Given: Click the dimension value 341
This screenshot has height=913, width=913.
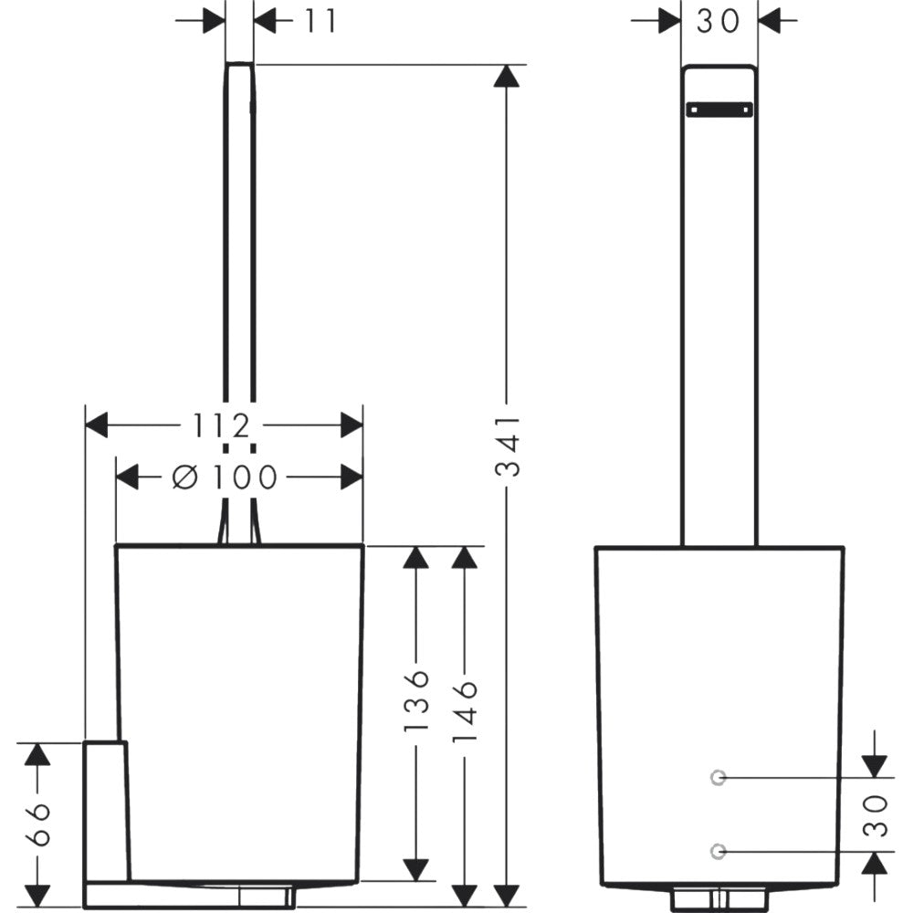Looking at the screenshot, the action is (x=507, y=446).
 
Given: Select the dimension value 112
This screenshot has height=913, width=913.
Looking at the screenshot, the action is (x=221, y=425).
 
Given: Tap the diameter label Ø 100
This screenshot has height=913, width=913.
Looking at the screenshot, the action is (x=225, y=477).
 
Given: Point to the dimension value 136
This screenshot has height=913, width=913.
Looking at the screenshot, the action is (x=416, y=701).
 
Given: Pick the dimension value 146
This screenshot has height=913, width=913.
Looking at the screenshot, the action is (x=465, y=710).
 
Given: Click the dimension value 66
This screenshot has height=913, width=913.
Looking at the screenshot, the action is (x=37, y=824).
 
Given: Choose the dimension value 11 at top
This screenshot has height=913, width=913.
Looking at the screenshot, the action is (x=320, y=21).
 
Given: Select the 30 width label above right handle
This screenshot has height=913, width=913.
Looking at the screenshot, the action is (x=718, y=21).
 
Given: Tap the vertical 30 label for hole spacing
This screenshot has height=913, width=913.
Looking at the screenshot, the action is (x=876, y=815).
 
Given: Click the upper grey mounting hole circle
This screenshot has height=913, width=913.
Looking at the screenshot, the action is (x=718, y=777).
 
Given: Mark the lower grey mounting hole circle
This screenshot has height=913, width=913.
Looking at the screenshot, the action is (x=718, y=851).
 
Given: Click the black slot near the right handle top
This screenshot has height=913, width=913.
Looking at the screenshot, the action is (x=719, y=109).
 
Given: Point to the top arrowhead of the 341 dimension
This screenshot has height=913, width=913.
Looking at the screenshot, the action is (x=506, y=76).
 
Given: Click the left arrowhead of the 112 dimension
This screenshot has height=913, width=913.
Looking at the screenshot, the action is (x=97, y=425).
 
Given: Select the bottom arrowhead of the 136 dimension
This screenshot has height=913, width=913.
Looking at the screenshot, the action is (x=415, y=870).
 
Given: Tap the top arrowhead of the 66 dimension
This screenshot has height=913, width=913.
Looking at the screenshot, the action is (x=37, y=755).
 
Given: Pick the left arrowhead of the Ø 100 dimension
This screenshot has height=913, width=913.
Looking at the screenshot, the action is (x=128, y=477).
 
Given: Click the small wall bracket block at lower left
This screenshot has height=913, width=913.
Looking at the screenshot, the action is (x=105, y=812).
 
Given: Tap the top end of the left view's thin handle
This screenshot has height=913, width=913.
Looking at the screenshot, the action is (x=239, y=64).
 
